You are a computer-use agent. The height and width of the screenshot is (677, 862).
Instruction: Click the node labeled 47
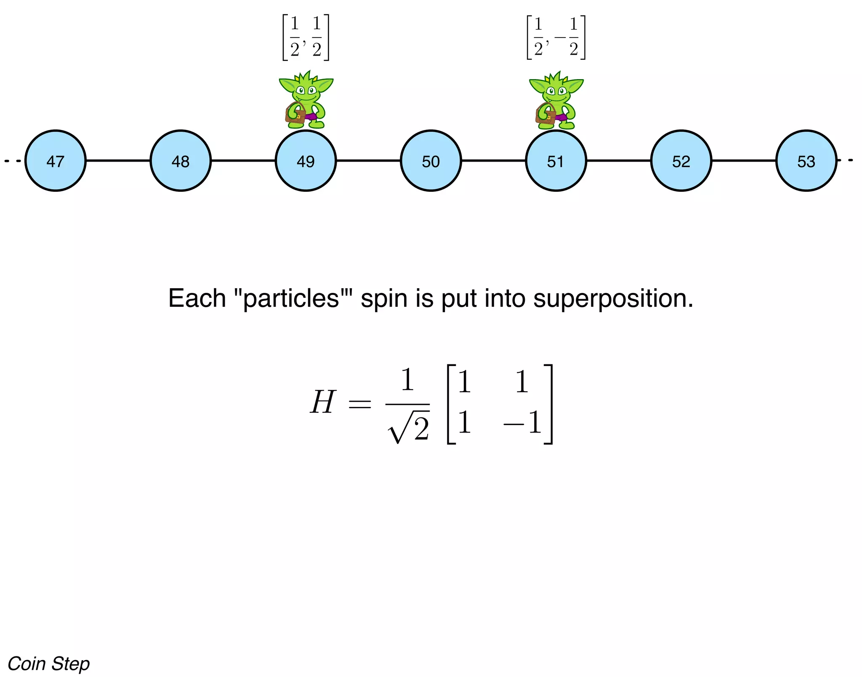[55, 161]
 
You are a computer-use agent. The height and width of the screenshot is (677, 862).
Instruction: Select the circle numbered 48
[181, 161]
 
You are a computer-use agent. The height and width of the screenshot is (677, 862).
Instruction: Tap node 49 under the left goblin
[306, 161]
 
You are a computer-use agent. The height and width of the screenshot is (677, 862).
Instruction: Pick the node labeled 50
[431, 161]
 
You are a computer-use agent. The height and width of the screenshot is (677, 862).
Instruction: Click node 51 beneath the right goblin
[556, 161]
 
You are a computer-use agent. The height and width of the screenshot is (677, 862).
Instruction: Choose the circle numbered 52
[681, 161]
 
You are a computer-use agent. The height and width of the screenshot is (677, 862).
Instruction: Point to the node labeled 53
[806, 161]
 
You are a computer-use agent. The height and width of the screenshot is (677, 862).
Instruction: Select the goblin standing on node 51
[556, 100]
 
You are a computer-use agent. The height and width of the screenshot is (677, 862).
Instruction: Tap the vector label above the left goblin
[306, 37]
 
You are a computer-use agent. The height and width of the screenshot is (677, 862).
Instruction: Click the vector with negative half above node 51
[556, 37]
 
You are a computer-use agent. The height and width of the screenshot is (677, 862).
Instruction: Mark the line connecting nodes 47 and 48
[118, 160]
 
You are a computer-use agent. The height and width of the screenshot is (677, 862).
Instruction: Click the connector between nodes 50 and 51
[493, 160]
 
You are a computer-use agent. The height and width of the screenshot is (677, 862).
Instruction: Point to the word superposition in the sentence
[613, 299]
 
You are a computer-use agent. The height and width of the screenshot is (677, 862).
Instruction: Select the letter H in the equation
[323, 402]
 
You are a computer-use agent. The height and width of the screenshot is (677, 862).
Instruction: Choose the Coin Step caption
[49, 664]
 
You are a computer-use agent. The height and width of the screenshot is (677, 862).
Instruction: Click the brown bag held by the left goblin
[295, 114]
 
